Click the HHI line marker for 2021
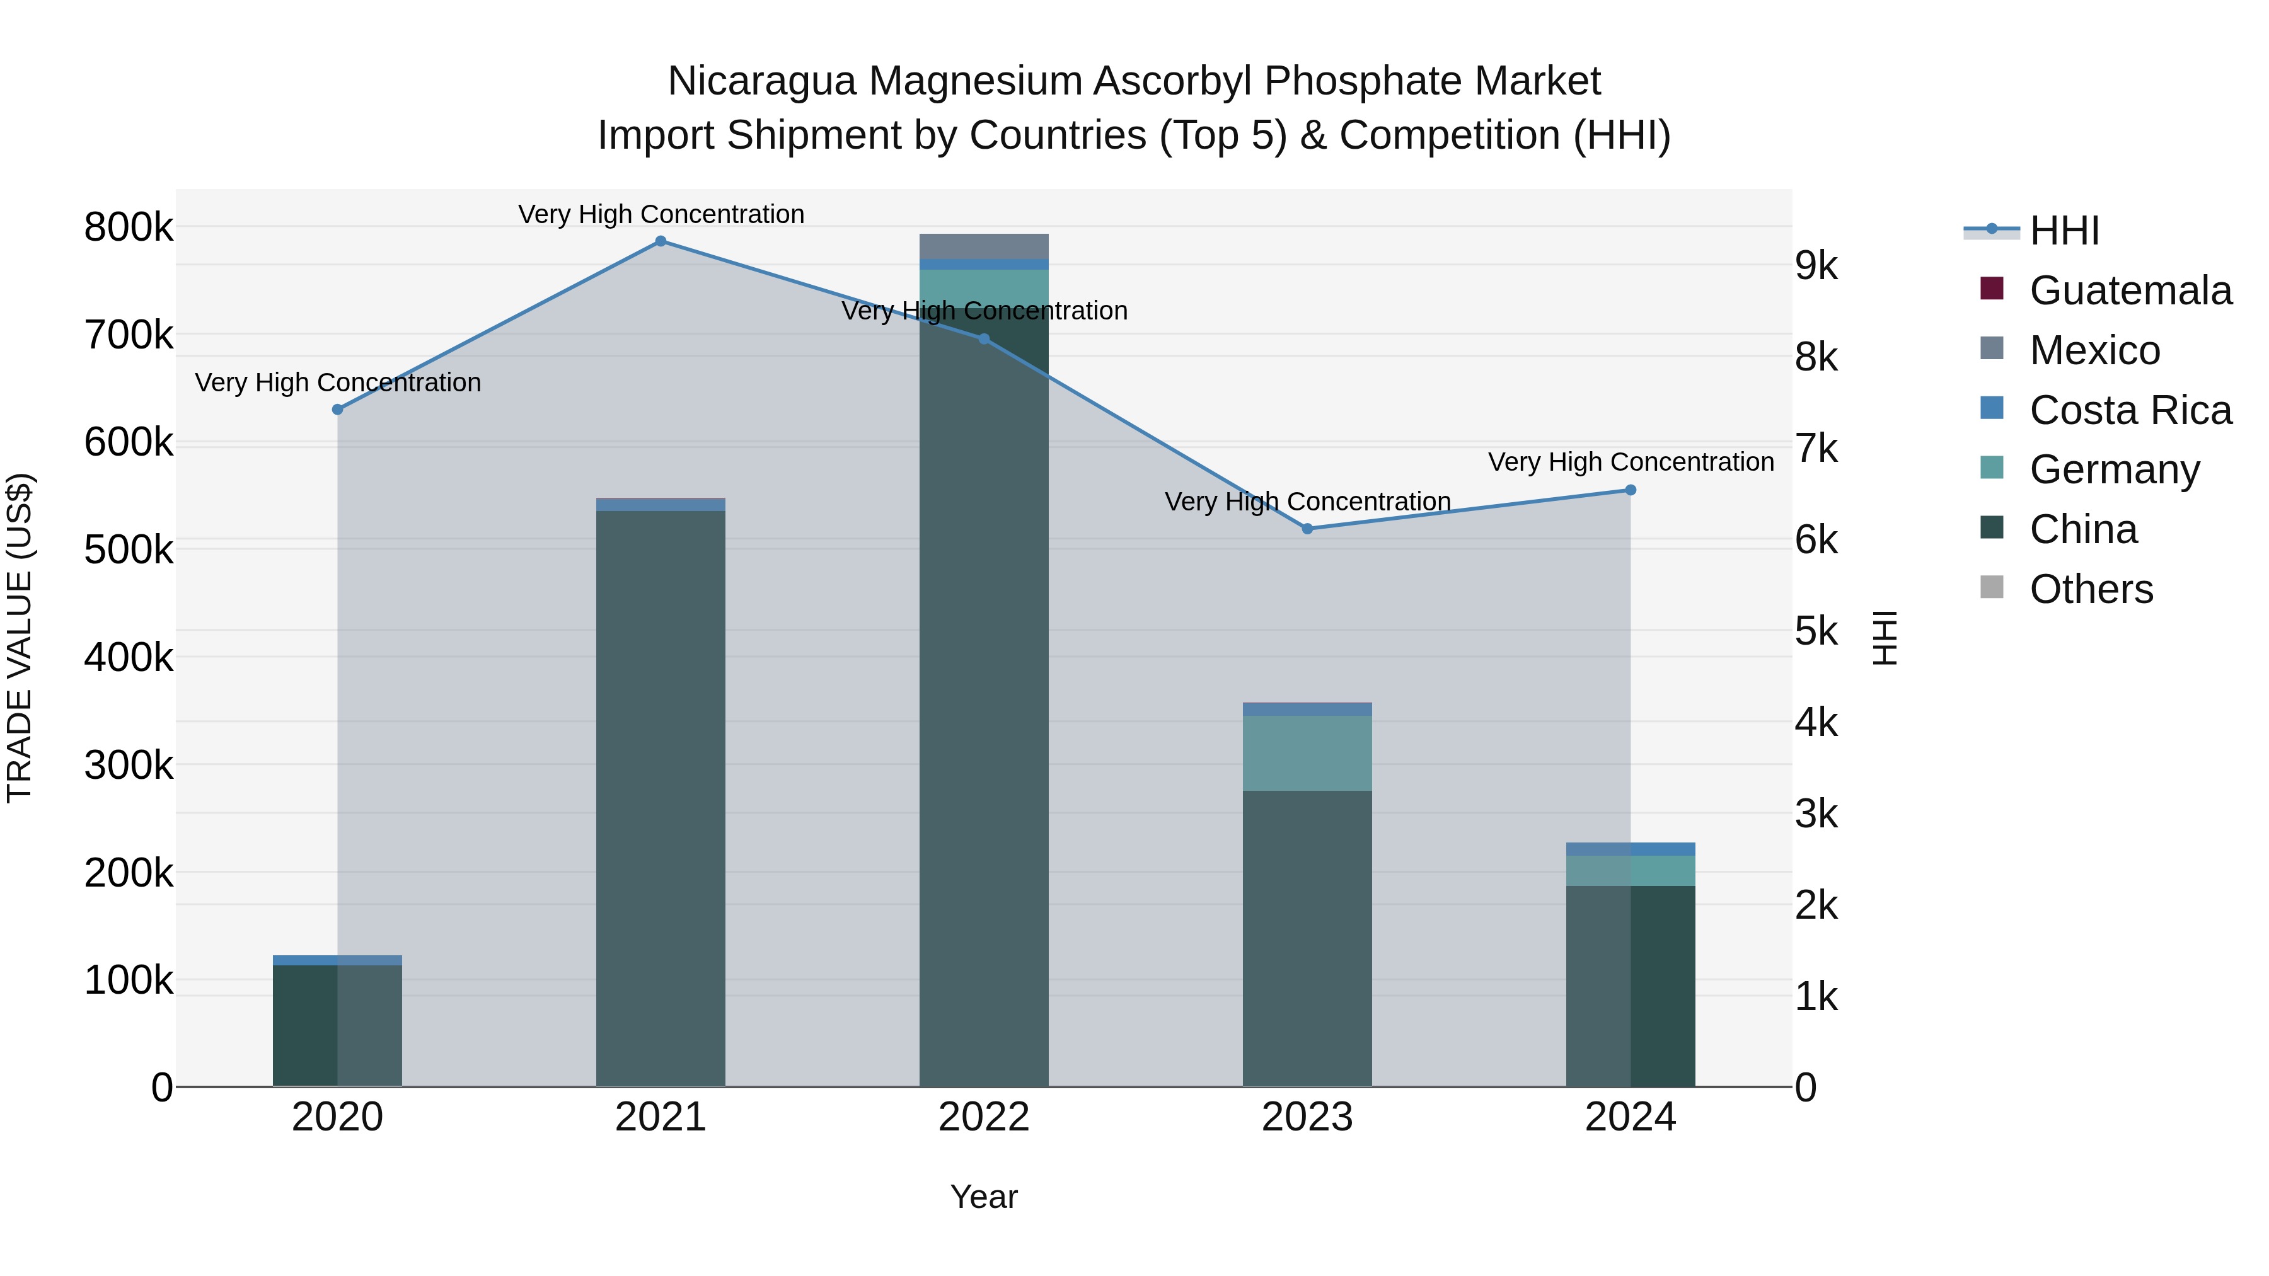(661, 241)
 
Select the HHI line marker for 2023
(1307, 529)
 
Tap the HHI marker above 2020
(337, 410)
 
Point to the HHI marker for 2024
(1631, 490)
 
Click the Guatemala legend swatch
(1992, 289)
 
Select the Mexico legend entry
(2094, 350)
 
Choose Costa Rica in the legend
(2130, 410)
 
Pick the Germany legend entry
(2114, 469)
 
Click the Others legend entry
(2091, 589)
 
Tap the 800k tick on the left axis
(129, 227)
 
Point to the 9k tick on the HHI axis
(1816, 266)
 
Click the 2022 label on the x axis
(984, 1117)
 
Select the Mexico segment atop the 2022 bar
(984, 246)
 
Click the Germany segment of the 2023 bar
(1307, 753)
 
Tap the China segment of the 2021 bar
(661, 793)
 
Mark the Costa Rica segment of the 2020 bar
(337, 960)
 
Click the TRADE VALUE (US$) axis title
(20, 638)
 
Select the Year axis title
(984, 1197)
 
